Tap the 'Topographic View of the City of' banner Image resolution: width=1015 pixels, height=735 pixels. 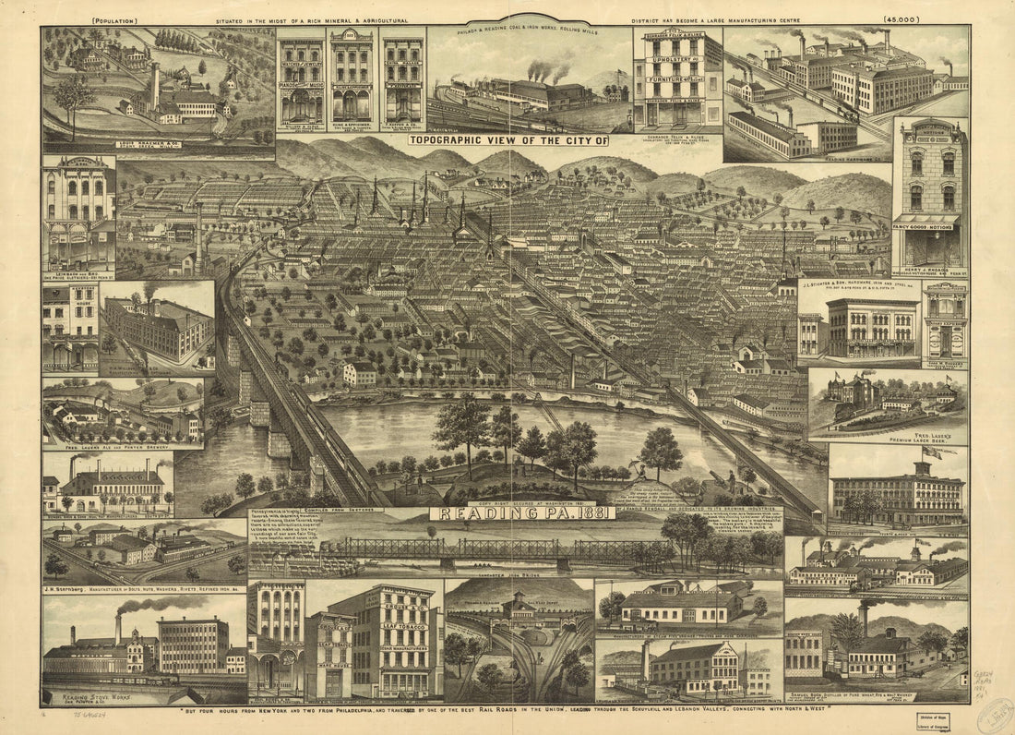click(509, 141)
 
